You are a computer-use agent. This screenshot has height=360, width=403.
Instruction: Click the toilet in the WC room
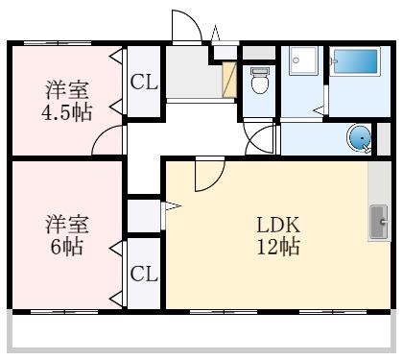259,80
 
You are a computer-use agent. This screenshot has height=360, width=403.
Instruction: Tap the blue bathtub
355,61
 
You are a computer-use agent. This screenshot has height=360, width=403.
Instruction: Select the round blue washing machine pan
360,138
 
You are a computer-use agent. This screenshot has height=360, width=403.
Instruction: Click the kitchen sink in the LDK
379,222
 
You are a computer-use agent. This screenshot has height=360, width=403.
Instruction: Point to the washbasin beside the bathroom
303,60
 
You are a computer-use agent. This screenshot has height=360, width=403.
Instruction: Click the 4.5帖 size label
67,112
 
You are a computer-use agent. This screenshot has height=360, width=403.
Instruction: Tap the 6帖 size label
67,247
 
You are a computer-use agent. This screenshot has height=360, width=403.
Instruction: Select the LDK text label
278,225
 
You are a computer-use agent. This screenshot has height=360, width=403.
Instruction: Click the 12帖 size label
278,247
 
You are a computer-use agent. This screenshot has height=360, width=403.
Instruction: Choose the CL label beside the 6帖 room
144,274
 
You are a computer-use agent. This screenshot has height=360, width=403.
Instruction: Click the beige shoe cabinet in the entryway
229,80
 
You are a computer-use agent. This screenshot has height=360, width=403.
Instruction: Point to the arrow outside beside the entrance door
215,33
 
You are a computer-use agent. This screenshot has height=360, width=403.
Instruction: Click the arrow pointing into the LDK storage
173,205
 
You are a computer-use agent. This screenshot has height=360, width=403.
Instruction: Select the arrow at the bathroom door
319,111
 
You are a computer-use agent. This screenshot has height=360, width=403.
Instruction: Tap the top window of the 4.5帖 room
58,43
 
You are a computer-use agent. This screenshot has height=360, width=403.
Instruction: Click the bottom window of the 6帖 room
64,312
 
